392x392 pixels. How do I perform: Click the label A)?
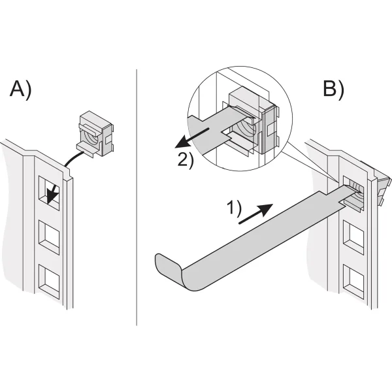20,89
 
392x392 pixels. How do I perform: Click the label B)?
333,89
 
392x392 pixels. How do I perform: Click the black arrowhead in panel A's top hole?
52,196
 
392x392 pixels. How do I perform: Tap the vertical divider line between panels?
137,196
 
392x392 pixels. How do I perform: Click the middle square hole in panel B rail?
353,240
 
